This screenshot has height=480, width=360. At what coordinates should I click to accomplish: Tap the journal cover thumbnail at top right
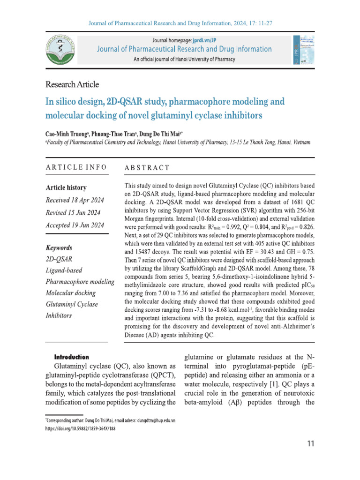click(x=303, y=50)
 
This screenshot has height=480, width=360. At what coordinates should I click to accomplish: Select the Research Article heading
click(x=72, y=84)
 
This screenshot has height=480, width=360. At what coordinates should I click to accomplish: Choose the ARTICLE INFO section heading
click(x=76, y=167)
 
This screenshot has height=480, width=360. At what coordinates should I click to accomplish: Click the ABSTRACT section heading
click(x=147, y=168)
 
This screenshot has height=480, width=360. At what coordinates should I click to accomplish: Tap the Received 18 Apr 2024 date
click(x=75, y=200)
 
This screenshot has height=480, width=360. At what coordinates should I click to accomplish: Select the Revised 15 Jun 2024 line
click(x=73, y=213)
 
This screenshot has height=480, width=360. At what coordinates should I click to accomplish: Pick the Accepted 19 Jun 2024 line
click(x=75, y=225)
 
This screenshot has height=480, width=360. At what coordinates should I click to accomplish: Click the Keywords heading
click(x=59, y=248)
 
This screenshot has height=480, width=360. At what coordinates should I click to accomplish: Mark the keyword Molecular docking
click(x=71, y=293)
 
